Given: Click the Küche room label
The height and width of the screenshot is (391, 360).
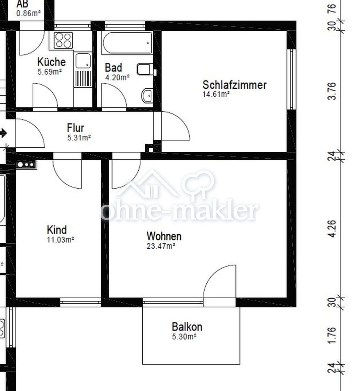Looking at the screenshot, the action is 51,62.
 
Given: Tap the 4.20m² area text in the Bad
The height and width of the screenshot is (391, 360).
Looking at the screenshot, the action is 117,77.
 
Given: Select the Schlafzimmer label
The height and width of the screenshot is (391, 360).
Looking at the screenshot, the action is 235,85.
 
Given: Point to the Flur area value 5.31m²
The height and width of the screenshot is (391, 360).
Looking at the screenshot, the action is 79,138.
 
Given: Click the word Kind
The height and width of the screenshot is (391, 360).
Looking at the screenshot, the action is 56,230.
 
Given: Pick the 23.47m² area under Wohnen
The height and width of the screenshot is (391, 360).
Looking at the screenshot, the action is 161,246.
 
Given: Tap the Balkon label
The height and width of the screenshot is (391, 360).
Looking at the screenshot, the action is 187,327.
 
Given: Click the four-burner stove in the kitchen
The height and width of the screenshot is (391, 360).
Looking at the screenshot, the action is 63,40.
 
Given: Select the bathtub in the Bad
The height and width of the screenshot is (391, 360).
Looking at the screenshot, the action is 127,43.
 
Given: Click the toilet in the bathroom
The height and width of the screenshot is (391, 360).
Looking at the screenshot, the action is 145,69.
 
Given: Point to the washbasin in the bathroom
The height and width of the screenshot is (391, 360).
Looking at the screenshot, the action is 147,95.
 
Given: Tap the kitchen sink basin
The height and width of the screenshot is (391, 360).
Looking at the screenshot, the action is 83,60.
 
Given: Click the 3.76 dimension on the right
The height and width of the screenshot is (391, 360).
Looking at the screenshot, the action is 332,91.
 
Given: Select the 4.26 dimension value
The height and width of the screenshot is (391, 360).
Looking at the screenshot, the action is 332,228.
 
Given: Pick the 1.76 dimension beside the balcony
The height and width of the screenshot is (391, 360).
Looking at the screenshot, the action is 332,335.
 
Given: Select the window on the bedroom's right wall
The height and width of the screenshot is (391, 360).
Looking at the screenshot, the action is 291,79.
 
